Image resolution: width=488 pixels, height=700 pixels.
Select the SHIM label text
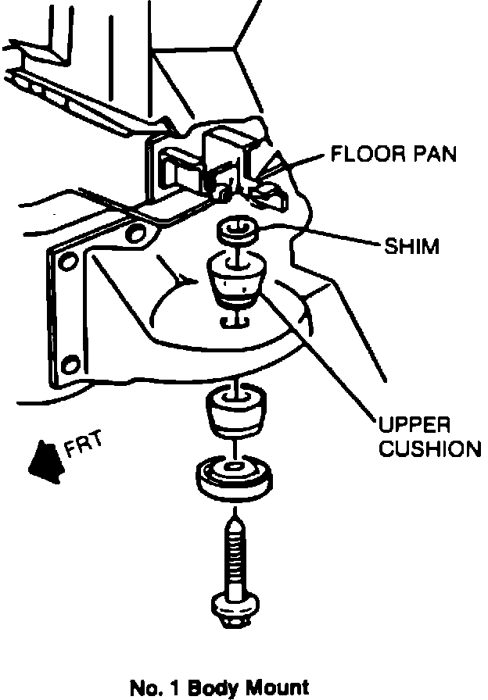tap(412, 247)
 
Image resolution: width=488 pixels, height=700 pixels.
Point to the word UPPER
tap(414, 426)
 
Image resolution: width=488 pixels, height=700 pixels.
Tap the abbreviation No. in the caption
tap(143, 688)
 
